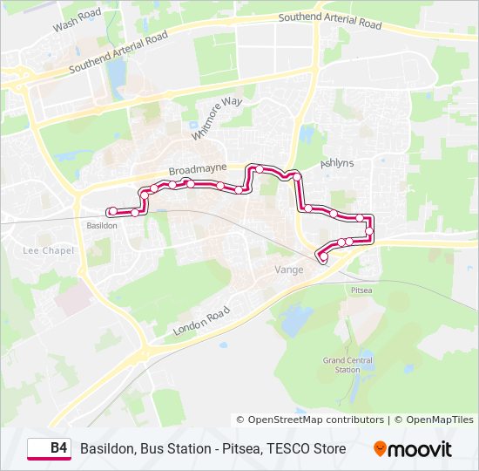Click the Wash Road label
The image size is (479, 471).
pos(78,19)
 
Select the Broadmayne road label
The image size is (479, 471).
pos(198,167)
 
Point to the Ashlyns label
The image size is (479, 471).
pos(337,163)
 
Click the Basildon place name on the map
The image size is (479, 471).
pos(102,225)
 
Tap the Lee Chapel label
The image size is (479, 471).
pos(48,250)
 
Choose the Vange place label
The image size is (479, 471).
pos(289,270)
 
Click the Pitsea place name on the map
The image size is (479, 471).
pos(361,289)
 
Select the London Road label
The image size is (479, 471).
pos(201,321)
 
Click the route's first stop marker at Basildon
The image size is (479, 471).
pos(111,212)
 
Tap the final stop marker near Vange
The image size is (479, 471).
pos(324,256)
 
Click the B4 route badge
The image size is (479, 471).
pos(50,448)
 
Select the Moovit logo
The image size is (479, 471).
pos(413,449)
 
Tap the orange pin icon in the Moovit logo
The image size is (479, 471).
pos(380,449)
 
